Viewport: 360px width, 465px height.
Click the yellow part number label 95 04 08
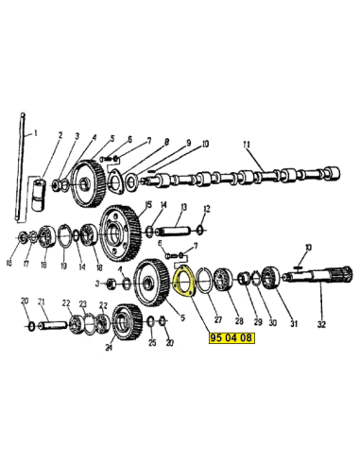231,337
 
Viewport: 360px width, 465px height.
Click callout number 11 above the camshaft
247,145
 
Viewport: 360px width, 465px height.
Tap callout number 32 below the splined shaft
321,324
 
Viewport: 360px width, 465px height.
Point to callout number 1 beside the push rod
35,133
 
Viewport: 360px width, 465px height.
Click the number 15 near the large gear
147,204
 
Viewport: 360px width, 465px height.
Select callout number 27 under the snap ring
218,319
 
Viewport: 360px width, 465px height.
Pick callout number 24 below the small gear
109,348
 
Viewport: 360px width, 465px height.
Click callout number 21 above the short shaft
42,301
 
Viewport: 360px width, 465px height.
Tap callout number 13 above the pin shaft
183,207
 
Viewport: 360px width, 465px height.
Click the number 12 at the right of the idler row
207,209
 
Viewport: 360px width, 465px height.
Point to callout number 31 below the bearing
294,323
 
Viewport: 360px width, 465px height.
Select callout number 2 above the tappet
60,135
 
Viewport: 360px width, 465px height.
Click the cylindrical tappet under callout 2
40,195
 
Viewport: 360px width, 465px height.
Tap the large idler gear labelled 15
120,233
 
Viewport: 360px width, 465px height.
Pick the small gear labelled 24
128,322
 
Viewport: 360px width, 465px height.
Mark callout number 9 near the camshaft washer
188,143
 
